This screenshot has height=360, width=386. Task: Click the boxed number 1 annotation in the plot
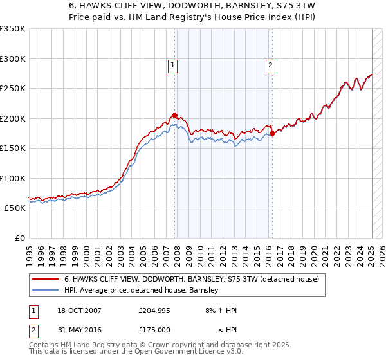coord(173,65)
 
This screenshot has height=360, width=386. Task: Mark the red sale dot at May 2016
coord(272,134)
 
